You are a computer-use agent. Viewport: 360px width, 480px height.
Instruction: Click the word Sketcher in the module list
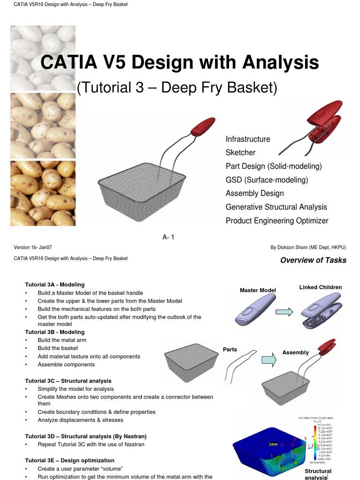240,153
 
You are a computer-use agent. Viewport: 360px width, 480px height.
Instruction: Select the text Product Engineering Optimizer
277,221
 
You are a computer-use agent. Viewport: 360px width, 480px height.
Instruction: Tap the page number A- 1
168,238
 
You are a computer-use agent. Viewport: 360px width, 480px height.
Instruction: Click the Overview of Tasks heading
313,261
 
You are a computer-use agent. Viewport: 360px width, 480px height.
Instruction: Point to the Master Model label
257,291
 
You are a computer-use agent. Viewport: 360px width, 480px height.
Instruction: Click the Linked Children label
321,287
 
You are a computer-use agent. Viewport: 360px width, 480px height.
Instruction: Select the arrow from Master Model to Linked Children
284,312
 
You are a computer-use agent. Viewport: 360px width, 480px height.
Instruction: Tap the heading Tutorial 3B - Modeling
55,332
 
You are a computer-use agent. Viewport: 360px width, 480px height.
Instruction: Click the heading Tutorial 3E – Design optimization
69,460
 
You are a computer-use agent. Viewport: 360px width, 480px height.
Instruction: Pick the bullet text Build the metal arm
62,340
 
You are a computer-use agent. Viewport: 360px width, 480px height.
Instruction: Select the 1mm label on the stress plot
273,444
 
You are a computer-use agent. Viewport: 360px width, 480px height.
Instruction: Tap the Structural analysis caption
318,474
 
